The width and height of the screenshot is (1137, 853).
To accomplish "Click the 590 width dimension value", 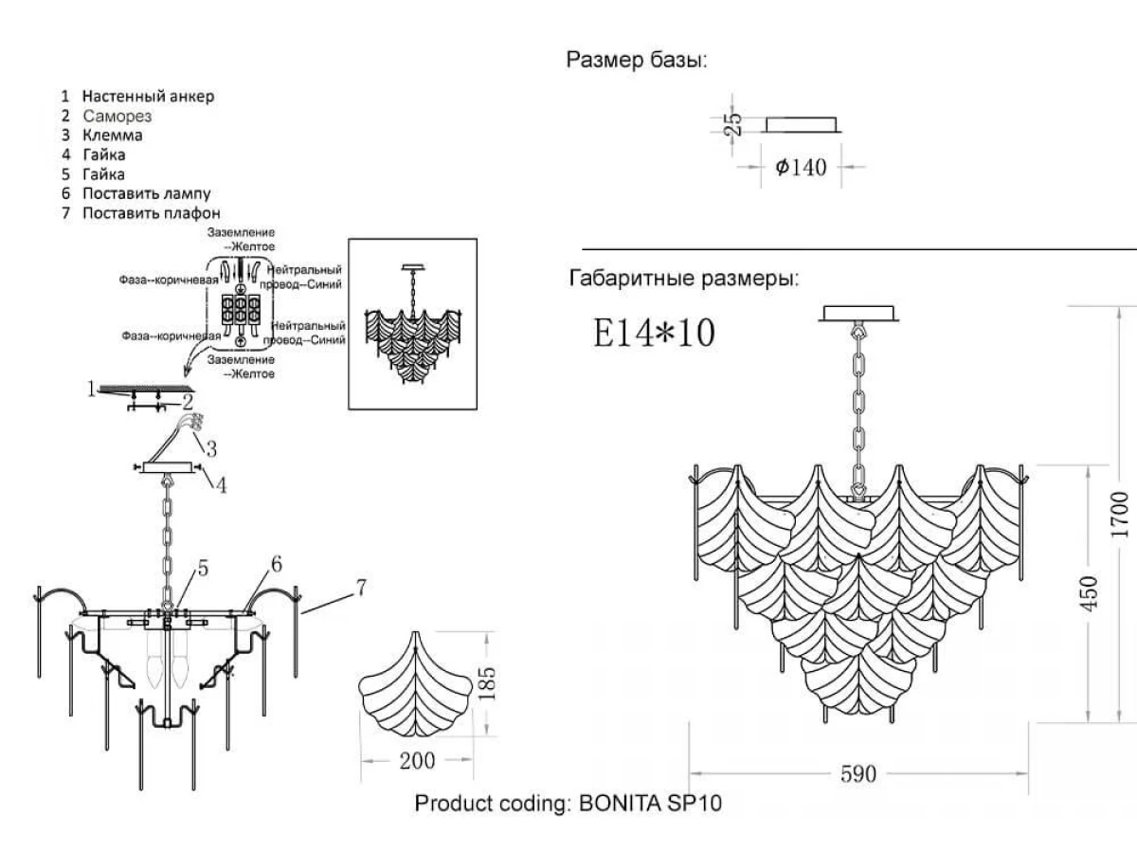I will click(x=858, y=774).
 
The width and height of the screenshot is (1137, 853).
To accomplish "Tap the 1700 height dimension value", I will click(x=1120, y=515).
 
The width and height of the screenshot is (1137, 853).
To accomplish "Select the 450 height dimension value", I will click(x=1089, y=592).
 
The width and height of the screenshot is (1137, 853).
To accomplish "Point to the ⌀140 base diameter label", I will click(x=801, y=168).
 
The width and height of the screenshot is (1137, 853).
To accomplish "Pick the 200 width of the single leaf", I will click(x=417, y=761).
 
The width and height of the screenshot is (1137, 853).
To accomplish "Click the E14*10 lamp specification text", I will click(x=654, y=333).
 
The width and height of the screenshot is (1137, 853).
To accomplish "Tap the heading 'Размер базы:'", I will click(x=637, y=61).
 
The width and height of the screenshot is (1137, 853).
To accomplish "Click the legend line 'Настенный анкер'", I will click(x=148, y=96).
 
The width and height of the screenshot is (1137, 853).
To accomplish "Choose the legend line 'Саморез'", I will click(x=117, y=116).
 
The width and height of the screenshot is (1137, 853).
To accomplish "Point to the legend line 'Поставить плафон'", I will click(x=151, y=213).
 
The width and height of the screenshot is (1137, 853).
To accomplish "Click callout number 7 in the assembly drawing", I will click(x=361, y=587).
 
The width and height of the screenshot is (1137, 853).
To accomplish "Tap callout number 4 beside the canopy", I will click(x=220, y=486).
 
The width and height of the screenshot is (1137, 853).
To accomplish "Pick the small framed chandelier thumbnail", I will click(x=412, y=323).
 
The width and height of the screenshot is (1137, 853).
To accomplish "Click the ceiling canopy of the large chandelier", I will click(x=860, y=314).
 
